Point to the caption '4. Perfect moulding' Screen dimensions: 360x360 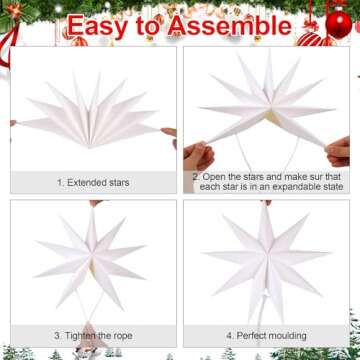[265, 335]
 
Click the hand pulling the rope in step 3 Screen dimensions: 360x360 [96, 341]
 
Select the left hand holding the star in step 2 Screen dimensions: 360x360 [199, 156]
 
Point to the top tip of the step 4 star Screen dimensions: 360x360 [266, 207]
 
